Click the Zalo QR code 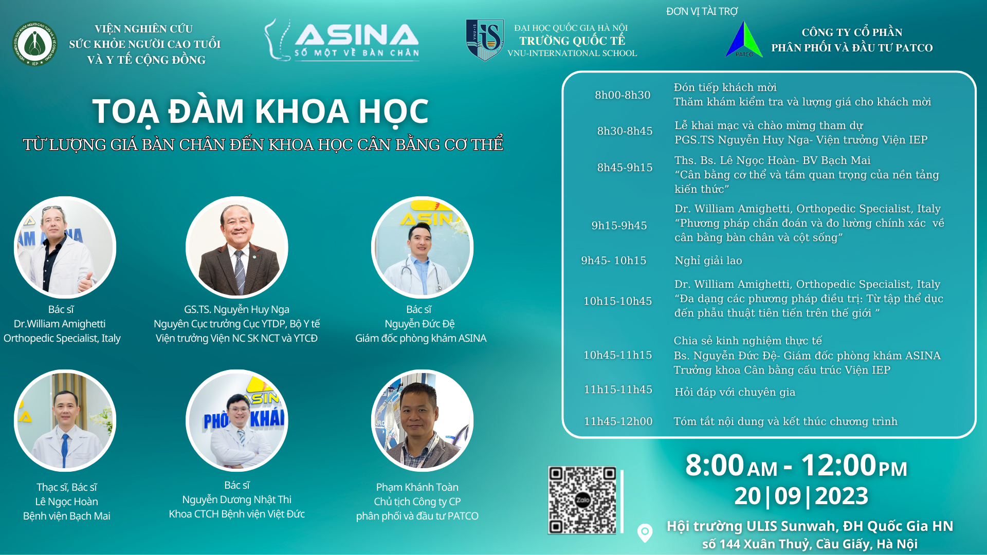pyautogui.click(x=582, y=499)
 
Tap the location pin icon pyautogui.click(x=645, y=532)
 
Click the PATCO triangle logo pyautogui.click(x=744, y=40)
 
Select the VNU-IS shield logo pyautogui.click(x=485, y=40)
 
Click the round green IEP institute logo pyautogui.click(x=35, y=44)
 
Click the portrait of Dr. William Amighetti pyautogui.click(x=65, y=247)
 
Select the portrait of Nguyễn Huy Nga pyautogui.click(x=237, y=247)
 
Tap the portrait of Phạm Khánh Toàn pyautogui.click(x=422, y=420)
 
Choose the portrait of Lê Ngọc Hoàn pyautogui.click(x=65, y=420)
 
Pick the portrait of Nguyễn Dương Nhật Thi pyautogui.click(x=237, y=420)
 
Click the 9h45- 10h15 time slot pyautogui.click(x=614, y=261)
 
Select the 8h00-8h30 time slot pyautogui.click(x=623, y=95)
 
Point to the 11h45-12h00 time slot pyautogui.click(x=618, y=421)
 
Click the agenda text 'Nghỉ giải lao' pyautogui.click(x=708, y=261)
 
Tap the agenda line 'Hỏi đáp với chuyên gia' pyautogui.click(x=735, y=392)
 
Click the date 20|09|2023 pyautogui.click(x=801, y=496)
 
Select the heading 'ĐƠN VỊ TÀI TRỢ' pyautogui.click(x=702, y=11)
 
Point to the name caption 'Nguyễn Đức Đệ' pyautogui.click(x=419, y=324)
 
